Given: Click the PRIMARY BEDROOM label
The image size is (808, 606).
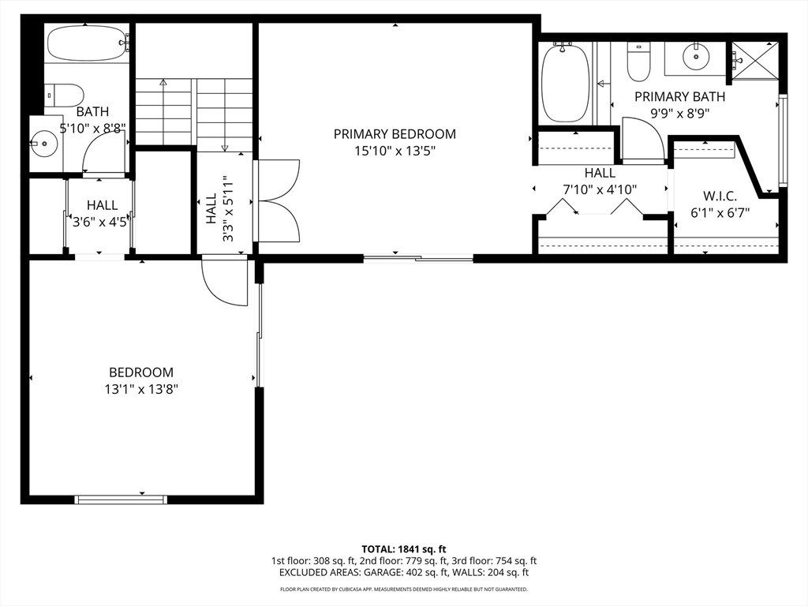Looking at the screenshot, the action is click(395, 134).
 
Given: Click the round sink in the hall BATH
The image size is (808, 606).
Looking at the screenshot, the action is click(44, 144).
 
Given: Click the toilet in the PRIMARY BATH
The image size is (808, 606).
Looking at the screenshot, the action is click(639, 62).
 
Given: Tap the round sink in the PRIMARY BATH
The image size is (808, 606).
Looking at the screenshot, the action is click(696, 56).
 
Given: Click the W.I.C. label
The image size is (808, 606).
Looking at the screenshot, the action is click(720, 196).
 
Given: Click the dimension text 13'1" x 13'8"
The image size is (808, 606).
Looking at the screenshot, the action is click(142, 389).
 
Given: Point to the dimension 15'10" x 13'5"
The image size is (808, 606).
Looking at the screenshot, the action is click(395, 151).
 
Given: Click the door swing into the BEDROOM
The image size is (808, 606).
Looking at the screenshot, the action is click(223, 282).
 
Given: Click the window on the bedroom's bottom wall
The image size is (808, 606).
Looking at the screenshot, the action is click(121, 499).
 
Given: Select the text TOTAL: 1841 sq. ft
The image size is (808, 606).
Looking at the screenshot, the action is click(403, 549).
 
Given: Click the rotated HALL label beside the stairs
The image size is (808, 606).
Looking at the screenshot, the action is click(211, 208).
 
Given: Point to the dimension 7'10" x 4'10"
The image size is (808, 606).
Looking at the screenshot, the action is click(600, 189).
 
